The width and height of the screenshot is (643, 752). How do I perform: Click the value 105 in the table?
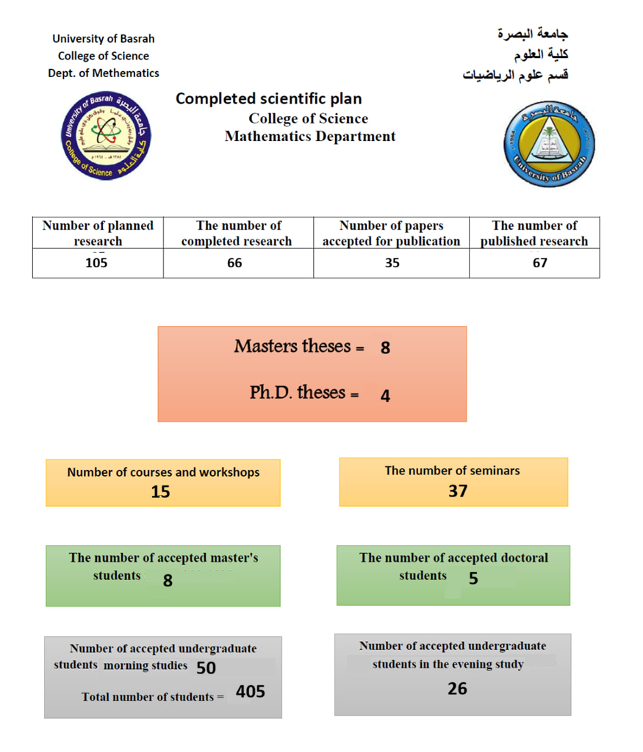(96, 263)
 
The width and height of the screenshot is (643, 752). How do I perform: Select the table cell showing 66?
(234, 263)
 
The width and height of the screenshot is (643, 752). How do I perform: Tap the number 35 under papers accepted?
(392, 263)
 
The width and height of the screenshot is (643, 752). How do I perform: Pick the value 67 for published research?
(540, 263)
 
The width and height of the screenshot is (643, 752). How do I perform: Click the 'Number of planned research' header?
(98, 234)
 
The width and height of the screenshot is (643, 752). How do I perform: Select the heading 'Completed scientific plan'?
(268, 98)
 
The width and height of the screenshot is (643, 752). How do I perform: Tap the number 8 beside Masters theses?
(385, 348)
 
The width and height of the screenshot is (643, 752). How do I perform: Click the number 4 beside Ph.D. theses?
(385, 397)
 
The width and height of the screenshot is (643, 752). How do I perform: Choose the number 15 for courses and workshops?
(160, 492)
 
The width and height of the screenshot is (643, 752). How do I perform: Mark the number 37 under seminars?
(458, 491)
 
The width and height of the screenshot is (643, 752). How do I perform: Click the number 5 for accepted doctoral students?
(473, 579)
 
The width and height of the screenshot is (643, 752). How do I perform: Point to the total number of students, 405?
(251, 691)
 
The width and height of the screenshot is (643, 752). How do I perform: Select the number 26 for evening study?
(457, 689)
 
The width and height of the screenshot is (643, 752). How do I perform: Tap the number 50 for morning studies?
(206, 668)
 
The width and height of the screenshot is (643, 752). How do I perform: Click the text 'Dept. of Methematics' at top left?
(104, 73)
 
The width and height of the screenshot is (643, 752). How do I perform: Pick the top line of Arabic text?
(533, 34)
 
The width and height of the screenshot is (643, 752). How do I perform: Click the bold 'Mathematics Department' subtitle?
(310, 137)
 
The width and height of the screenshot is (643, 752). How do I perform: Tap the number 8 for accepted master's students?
(168, 581)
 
